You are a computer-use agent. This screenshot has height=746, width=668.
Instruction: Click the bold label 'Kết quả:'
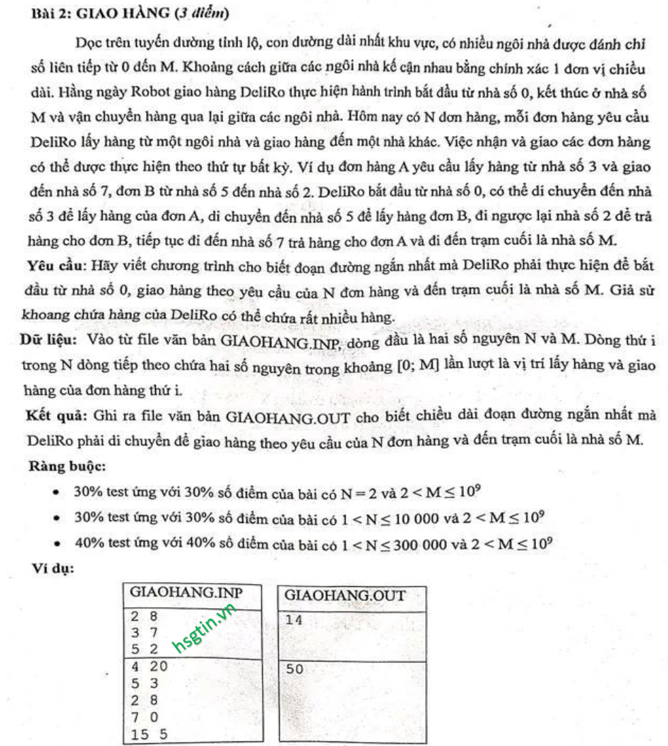54,416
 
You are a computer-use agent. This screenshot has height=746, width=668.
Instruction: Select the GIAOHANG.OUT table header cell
344,596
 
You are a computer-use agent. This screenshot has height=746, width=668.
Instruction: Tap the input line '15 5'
150,734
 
